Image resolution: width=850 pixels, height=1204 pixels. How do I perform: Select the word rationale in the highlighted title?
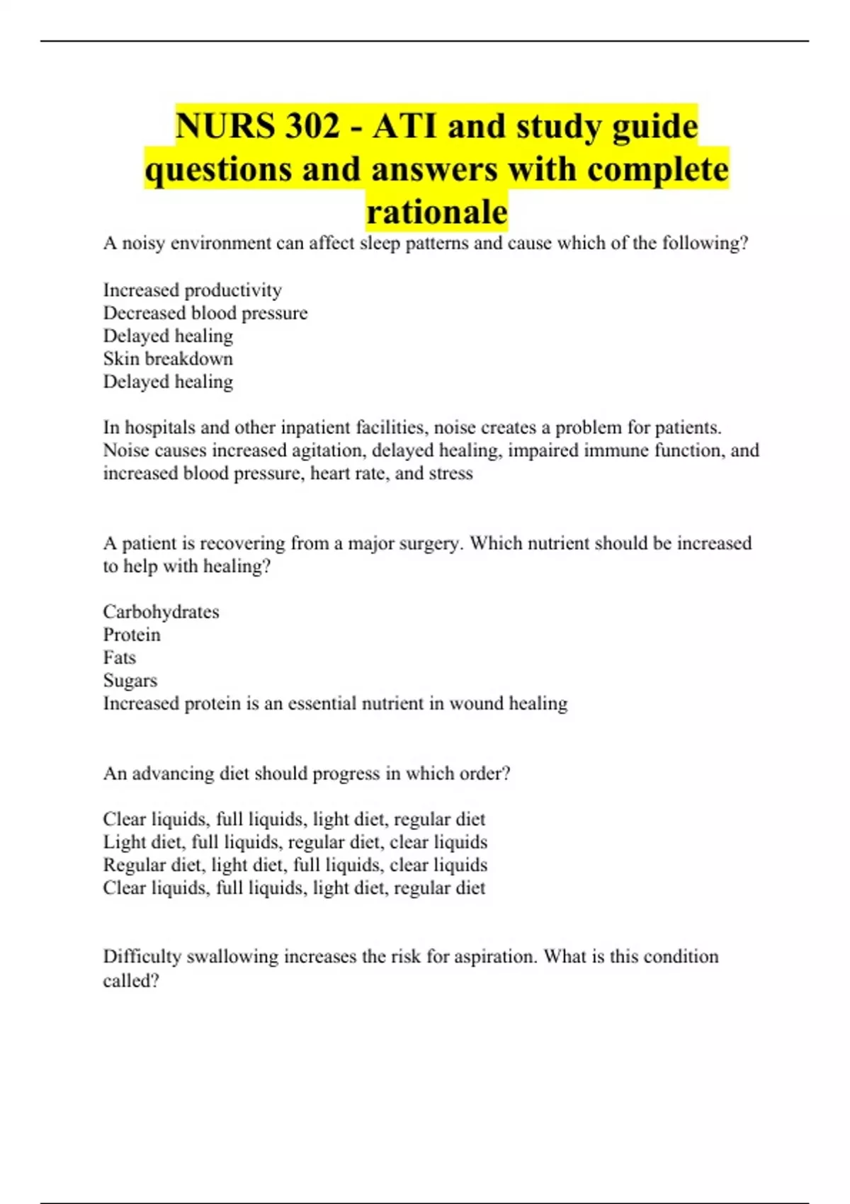click(437, 211)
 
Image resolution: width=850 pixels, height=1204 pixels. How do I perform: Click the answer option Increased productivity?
click(193, 290)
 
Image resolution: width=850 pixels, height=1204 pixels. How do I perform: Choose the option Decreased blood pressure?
click(205, 313)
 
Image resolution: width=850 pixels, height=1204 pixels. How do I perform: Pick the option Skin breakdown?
click(168, 358)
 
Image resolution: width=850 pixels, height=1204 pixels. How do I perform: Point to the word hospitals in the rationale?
click(160, 428)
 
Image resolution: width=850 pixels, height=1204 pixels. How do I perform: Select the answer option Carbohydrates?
click(161, 612)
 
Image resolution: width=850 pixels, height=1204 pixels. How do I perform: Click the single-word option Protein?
click(132, 635)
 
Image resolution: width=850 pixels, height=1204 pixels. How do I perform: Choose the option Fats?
click(119, 657)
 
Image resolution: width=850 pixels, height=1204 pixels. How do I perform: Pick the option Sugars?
click(130, 681)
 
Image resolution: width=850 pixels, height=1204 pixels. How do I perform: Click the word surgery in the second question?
click(431, 543)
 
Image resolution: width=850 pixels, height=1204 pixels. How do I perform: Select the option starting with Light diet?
click(295, 842)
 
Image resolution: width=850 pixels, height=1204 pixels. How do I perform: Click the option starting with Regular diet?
click(295, 865)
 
